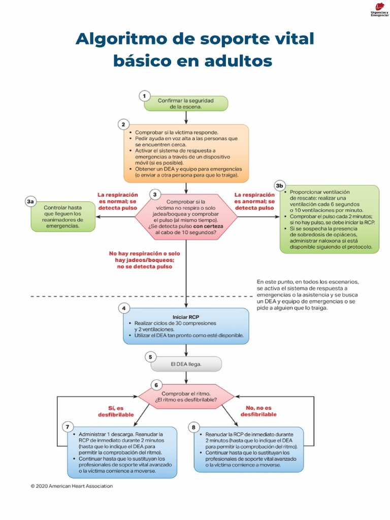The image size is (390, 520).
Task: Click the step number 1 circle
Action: (x=145, y=95)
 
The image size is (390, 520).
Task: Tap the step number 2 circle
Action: (x=123, y=124)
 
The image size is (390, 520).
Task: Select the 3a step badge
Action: (x=30, y=202)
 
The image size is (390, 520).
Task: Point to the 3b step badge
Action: (x=279, y=185)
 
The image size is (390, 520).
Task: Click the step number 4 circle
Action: (x=123, y=308)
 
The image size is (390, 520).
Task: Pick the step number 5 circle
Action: (x=150, y=357)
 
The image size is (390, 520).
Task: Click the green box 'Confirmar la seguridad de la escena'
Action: (x=186, y=104)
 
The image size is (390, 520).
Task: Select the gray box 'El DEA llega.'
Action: (x=186, y=364)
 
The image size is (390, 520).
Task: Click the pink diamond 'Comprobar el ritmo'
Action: (x=186, y=398)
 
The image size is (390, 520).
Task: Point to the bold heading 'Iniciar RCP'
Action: (x=186, y=316)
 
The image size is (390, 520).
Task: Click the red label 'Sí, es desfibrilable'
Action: (x=116, y=411)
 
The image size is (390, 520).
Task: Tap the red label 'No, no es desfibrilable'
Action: (x=258, y=411)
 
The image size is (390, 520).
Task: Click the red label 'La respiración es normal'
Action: (x=118, y=201)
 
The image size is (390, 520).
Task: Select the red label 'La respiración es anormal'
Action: (x=254, y=201)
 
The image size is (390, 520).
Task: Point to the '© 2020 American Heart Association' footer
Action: (x=72, y=486)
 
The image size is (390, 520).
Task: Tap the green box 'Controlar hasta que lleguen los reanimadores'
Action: (x=62, y=217)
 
